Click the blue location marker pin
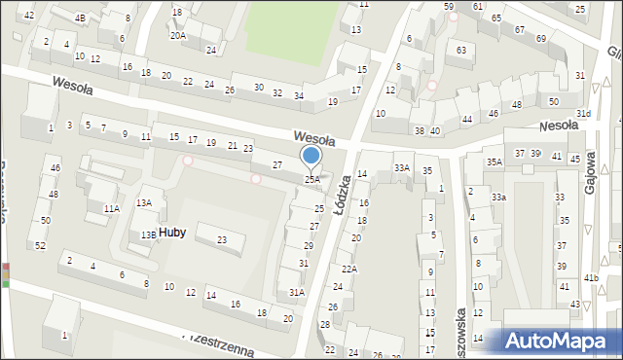pos(311,157)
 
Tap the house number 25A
pos(311,180)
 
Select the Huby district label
pos(161,232)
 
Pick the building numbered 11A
pos(112,208)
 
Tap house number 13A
pos(144,202)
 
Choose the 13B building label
pos(147,234)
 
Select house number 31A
pos(297,292)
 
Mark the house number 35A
pos(495,162)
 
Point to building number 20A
pos(177,35)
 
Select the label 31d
pos(582,114)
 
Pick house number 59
pos(449,7)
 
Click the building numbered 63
pos(461,50)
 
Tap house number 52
pos(40,245)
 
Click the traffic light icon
pos(7,274)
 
